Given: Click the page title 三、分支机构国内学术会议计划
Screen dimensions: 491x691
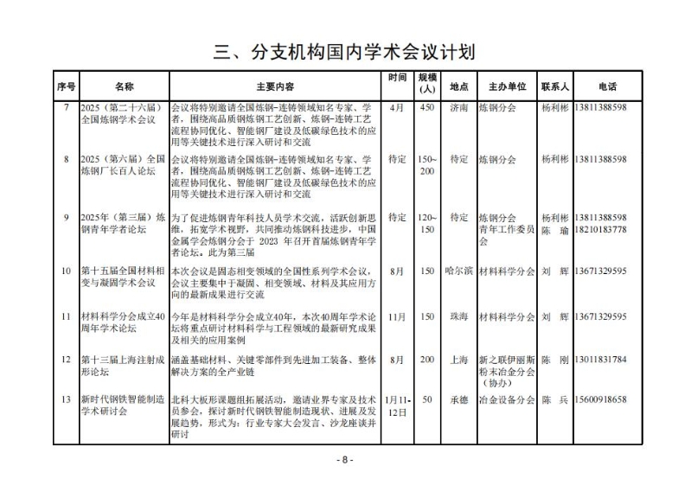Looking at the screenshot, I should point(345,51).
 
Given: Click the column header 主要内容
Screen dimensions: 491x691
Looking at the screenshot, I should point(275,87).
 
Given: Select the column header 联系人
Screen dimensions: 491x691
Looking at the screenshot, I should point(554,87).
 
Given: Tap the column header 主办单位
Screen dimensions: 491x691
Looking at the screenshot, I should point(507,87).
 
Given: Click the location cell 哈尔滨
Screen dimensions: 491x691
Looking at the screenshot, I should point(459,271).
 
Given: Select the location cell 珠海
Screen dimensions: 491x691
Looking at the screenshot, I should point(459,316).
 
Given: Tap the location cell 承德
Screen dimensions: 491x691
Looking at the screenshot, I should point(459,399).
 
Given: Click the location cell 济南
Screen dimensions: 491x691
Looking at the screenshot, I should point(459,108).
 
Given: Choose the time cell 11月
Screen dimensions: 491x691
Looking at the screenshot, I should point(397,316).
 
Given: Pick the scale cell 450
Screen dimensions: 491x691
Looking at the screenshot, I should point(426,108).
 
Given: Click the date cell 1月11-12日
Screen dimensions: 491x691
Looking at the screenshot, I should point(397,405).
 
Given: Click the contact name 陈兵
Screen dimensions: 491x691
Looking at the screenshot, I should point(554,399).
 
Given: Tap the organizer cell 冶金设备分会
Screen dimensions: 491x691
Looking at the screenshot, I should point(507,399).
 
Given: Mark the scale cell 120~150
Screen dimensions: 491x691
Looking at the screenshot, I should point(426,223).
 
